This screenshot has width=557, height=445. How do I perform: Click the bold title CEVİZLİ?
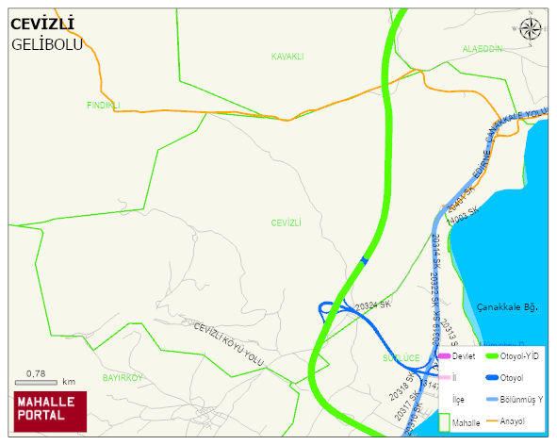42,24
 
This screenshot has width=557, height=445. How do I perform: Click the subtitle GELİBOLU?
47,44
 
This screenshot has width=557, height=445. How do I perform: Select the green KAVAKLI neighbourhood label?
287,57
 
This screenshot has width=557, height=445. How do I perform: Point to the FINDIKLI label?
104,105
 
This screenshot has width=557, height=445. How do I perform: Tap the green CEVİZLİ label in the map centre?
286,222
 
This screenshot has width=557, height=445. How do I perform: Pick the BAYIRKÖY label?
122,377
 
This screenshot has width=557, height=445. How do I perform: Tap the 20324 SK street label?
372,305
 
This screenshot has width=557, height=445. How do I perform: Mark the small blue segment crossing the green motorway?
365,260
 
